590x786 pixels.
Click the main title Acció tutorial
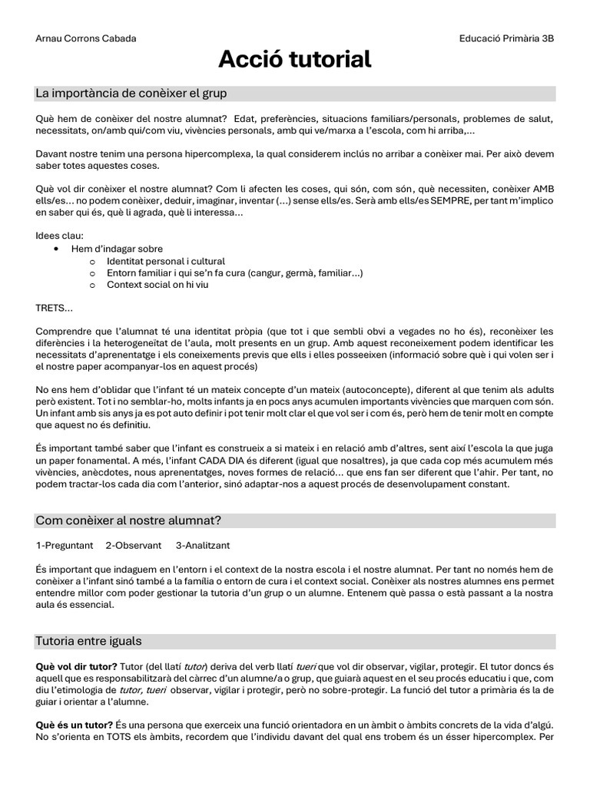pyautogui.click(x=295, y=59)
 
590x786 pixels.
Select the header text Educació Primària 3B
pyautogui.click(x=506, y=38)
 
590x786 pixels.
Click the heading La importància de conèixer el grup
pyautogui.click(x=131, y=94)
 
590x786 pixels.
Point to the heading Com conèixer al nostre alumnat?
pyautogui.click(x=128, y=520)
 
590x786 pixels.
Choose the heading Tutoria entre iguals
pyautogui.click(x=88, y=640)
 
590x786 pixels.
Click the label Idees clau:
pyautogui.click(x=60, y=236)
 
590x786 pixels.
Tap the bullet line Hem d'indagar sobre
pyautogui.click(x=117, y=249)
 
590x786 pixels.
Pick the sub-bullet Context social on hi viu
pyautogui.click(x=157, y=285)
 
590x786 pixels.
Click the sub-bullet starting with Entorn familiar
pyautogui.click(x=234, y=272)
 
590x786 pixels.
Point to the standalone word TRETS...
pyautogui.click(x=54, y=308)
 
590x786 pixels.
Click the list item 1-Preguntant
pyautogui.click(x=65, y=545)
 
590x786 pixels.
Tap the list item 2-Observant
pyautogui.click(x=134, y=545)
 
